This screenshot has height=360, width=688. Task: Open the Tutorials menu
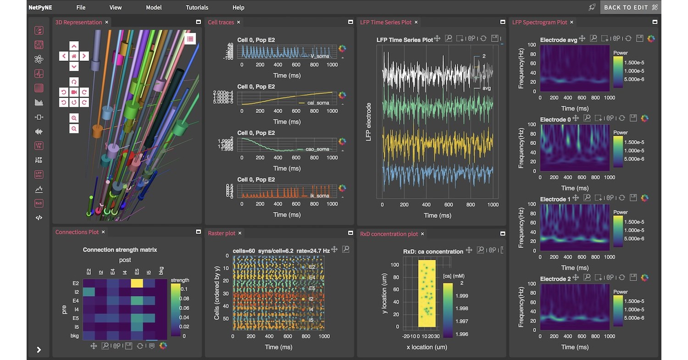(197, 7)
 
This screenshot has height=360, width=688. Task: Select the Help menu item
(238, 7)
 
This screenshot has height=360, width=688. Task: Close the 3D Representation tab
(107, 22)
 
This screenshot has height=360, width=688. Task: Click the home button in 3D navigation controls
(74, 56)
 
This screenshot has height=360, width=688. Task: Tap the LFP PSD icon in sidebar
(39, 160)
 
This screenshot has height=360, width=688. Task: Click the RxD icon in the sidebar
(39, 203)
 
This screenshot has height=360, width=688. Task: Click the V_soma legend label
(320, 56)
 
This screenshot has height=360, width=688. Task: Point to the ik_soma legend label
(320, 196)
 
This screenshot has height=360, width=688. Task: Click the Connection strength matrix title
(120, 250)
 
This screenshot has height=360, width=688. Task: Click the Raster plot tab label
(222, 233)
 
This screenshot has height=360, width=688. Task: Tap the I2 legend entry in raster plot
(311, 299)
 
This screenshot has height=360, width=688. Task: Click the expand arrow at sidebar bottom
(39, 350)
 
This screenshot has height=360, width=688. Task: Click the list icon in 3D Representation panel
(190, 39)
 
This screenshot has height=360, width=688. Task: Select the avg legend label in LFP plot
(487, 88)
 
